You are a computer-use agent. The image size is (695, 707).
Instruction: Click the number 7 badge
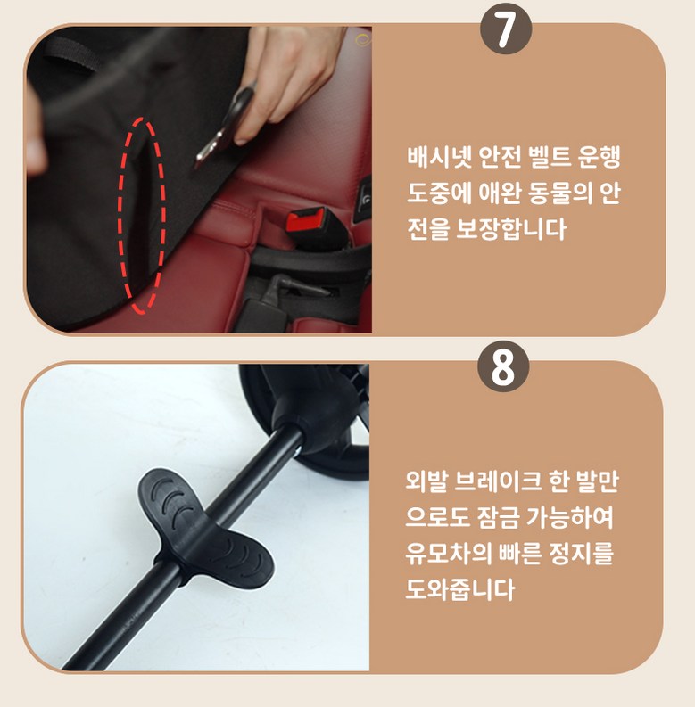coord(506,29)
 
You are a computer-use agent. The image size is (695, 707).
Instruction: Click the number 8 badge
coord(503,366)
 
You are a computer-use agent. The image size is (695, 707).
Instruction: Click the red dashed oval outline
coord(142,216)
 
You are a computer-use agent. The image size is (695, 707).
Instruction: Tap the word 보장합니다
coord(511,229)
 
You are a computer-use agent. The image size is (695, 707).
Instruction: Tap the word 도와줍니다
coord(459,589)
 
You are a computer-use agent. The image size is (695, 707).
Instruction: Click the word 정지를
coord(582,554)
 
